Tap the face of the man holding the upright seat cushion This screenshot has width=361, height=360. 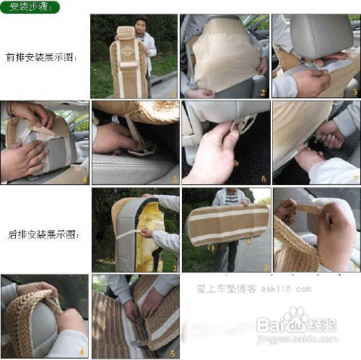pyautogui.click(x=141, y=27)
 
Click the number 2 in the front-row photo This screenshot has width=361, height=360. pyautogui.click(x=263, y=92)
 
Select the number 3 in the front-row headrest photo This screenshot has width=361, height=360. pyautogui.click(x=355, y=92)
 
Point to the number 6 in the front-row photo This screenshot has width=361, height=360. pyautogui.click(x=264, y=178)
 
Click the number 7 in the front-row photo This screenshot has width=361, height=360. pyautogui.click(x=355, y=178)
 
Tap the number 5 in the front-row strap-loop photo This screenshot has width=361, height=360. pyautogui.click(x=173, y=178)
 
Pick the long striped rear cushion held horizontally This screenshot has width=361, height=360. pyautogui.click(x=227, y=225)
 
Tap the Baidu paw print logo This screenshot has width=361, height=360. pyautogui.click(x=295, y=319)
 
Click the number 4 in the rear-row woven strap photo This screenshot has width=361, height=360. pyautogui.click(x=82, y=353)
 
